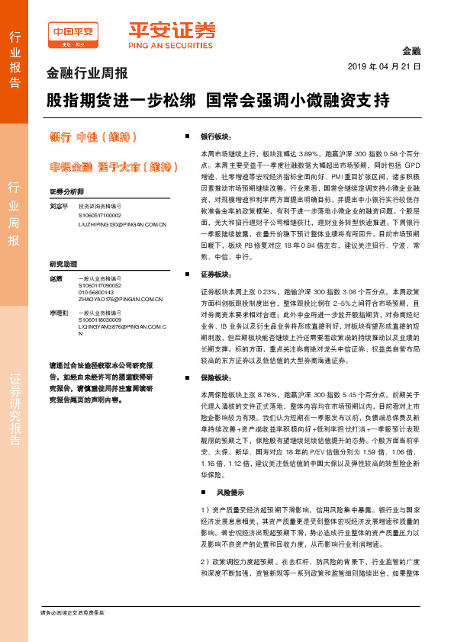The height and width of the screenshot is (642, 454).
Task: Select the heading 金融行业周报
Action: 87,74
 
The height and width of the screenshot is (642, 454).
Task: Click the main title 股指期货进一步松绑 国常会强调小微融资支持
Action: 218,100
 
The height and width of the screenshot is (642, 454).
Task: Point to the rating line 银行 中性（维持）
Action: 92,137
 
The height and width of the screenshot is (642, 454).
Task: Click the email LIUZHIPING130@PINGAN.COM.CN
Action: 122,224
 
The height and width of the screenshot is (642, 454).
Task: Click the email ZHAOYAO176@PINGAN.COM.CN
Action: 122,300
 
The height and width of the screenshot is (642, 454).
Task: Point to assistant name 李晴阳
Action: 58,313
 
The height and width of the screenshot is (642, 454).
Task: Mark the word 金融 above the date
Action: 411,50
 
